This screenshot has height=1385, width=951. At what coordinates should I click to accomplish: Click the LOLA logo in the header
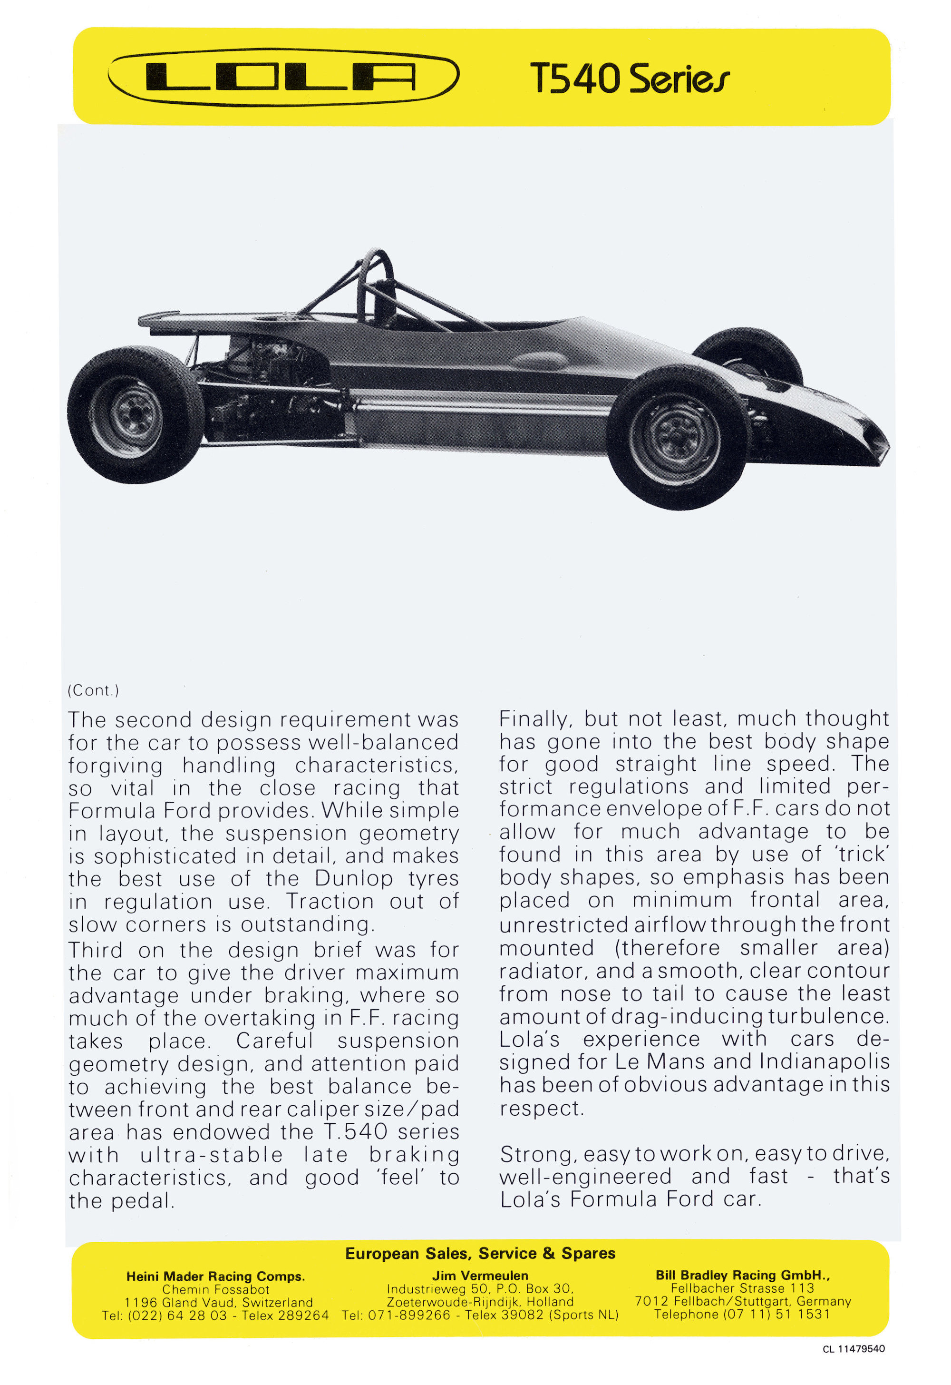pos(283,77)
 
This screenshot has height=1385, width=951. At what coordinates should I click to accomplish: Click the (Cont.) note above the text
pos(93,690)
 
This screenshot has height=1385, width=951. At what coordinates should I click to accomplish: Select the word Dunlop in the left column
pos(353,879)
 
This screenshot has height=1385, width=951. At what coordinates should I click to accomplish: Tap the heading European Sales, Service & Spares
pos(480,1253)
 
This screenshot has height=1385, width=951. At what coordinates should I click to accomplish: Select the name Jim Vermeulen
pos(480,1276)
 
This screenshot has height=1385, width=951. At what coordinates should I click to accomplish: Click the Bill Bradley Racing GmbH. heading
pos(742,1275)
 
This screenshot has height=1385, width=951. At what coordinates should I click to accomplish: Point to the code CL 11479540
pos(853,1349)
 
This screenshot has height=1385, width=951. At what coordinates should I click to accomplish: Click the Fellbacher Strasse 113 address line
pos(742,1288)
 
